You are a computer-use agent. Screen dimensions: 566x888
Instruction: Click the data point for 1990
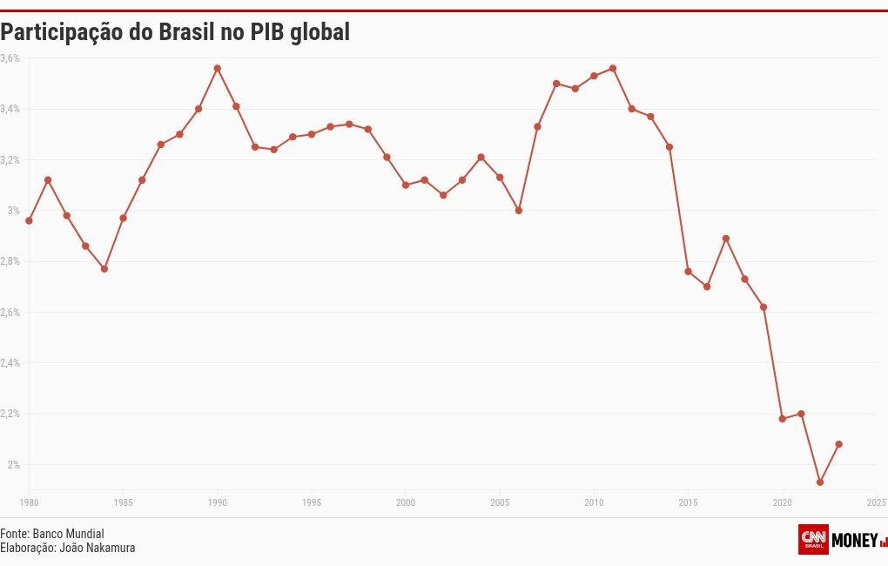click(x=218, y=68)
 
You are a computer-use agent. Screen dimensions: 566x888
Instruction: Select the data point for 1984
click(x=104, y=269)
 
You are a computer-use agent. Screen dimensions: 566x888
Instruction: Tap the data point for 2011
click(x=613, y=68)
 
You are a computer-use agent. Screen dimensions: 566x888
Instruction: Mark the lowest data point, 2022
click(x=820, y=482)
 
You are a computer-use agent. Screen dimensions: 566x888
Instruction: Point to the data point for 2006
click(x=519, y=211)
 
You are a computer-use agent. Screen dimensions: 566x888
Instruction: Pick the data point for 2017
click(x=726, y=239)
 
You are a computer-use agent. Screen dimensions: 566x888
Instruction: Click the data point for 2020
click(x=782, y=419)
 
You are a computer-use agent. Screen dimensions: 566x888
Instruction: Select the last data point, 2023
click(x=838, y=444)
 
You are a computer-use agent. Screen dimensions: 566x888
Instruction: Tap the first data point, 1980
click(x=29, y=221)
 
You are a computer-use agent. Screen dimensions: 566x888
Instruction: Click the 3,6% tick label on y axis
click(x=10, y=58)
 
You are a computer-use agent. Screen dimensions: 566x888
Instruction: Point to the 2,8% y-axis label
click(x=10, y=261)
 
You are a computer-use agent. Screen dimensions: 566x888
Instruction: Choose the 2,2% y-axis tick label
click(x=10, y=414)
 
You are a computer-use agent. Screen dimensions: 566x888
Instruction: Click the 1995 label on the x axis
click(x=312, y=502)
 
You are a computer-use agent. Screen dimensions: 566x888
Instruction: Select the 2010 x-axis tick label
click(x=594, y=502)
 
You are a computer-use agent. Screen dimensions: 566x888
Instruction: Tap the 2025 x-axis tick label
click(x=876, y=502)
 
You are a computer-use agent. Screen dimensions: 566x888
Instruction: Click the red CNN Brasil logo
click(x=813, y=539)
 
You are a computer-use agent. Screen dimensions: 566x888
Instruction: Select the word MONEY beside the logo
click(x=855, y=540)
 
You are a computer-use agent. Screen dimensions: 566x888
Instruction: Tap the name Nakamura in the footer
click(x=111, y=548)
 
